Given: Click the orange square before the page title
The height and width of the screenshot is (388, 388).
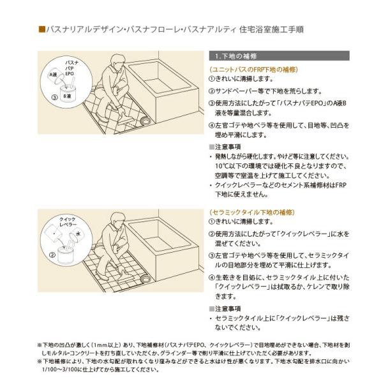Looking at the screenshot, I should [x=41, y=29].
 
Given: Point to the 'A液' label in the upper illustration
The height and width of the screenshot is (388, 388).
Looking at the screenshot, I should [x=55, y=75].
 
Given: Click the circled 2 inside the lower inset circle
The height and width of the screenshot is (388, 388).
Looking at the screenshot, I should [x=51, y=253].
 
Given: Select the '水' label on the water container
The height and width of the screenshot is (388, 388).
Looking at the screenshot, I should [x=78, y=234].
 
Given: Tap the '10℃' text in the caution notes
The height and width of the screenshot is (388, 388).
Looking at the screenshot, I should [x=222, y=165].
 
